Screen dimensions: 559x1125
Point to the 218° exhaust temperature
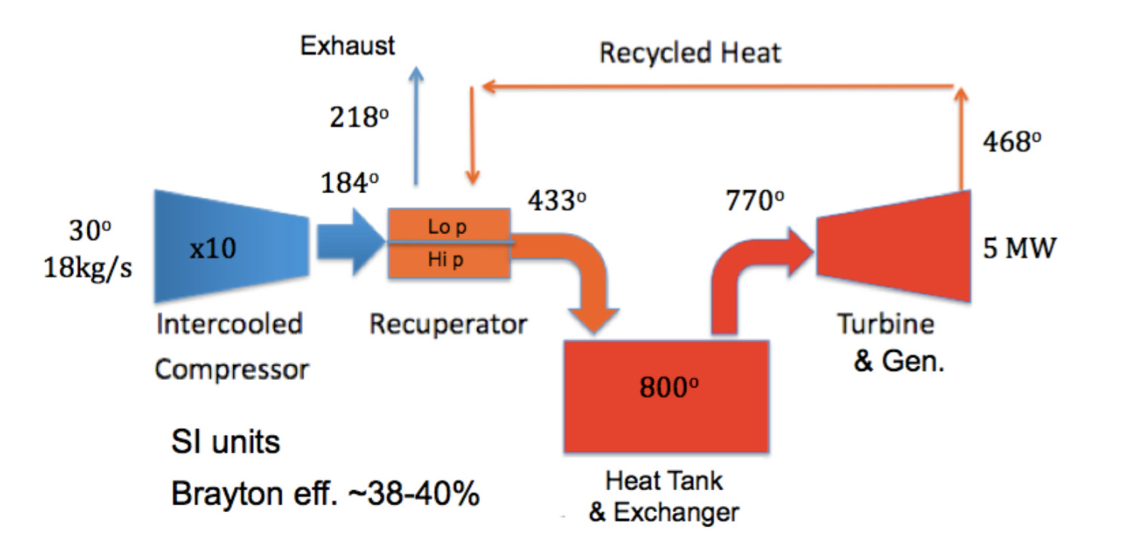point(359,119)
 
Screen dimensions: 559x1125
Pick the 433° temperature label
point(556,202)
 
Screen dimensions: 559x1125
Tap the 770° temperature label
point(754,201)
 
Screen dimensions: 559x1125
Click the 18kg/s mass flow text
point(88,268)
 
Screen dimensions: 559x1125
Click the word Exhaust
point(347,46)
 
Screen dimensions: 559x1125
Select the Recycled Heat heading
point(690,54)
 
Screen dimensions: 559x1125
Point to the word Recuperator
point(448,325)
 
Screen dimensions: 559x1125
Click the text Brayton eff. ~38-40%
point(325,495)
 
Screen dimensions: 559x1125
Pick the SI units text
point(225,442)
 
